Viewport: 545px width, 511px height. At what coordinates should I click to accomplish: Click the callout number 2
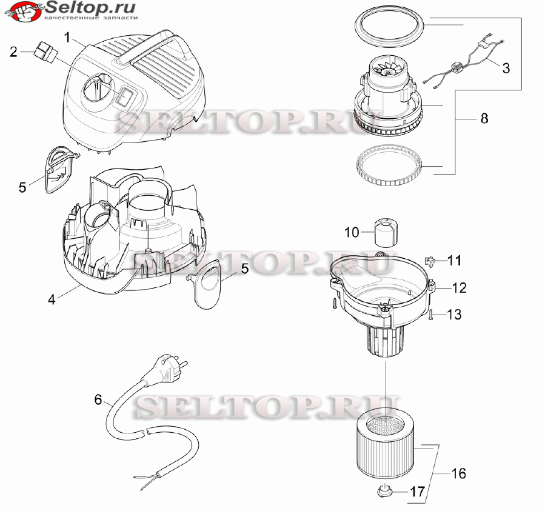click(13, 52)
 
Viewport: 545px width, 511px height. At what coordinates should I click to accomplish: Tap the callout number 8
click(484, 118)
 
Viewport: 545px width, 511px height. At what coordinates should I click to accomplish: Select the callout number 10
click(352, 232)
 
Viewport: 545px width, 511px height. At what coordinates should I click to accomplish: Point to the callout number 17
click(418, 492)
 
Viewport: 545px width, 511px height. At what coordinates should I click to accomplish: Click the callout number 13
click(454, 315)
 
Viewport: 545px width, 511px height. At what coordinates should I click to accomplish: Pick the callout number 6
click(98, 399)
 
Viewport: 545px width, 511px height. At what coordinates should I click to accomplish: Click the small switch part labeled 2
click(46, 52)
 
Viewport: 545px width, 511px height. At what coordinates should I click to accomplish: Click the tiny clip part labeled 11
click(430, 261)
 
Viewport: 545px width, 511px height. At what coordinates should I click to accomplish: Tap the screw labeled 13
click(431, 315)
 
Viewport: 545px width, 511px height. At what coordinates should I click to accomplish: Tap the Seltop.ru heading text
click(90, 7)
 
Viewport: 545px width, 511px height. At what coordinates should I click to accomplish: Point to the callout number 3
click(506, 67)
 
